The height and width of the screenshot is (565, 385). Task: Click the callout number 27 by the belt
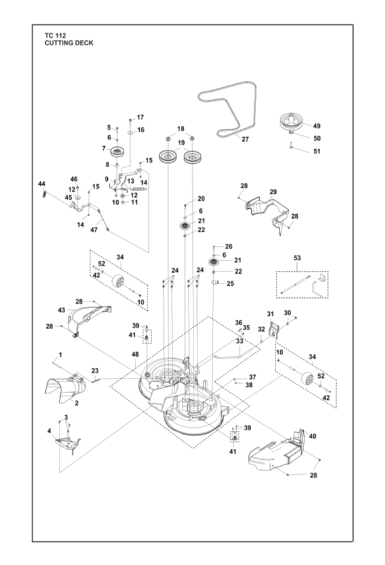pyautogui.click(x=245, y=139)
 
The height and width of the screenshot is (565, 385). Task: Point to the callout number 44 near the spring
pyautogui.click(x=42, y=183)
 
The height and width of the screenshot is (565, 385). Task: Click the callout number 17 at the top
pyautogui.click(x=140, y=117)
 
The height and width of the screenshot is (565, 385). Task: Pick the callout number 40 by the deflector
pyautogui.click(x=312, y=436)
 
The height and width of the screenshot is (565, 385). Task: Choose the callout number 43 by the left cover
pyautogui.click(x=61, y=309)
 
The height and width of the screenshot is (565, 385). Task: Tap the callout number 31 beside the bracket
pyautogui.click(x=271, y=313)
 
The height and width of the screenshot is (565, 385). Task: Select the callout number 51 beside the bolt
pyautogui.click(x=318, y=151)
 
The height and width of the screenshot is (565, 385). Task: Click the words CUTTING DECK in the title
pyautogui.click(x=68, y=43)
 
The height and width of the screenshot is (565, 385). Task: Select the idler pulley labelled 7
pyautogui.click(x=116, y=150)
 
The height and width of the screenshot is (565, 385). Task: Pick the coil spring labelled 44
pyautogui.click(x=43, y=193)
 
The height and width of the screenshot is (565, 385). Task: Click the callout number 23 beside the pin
pyautogui.click(x=95, y=371)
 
